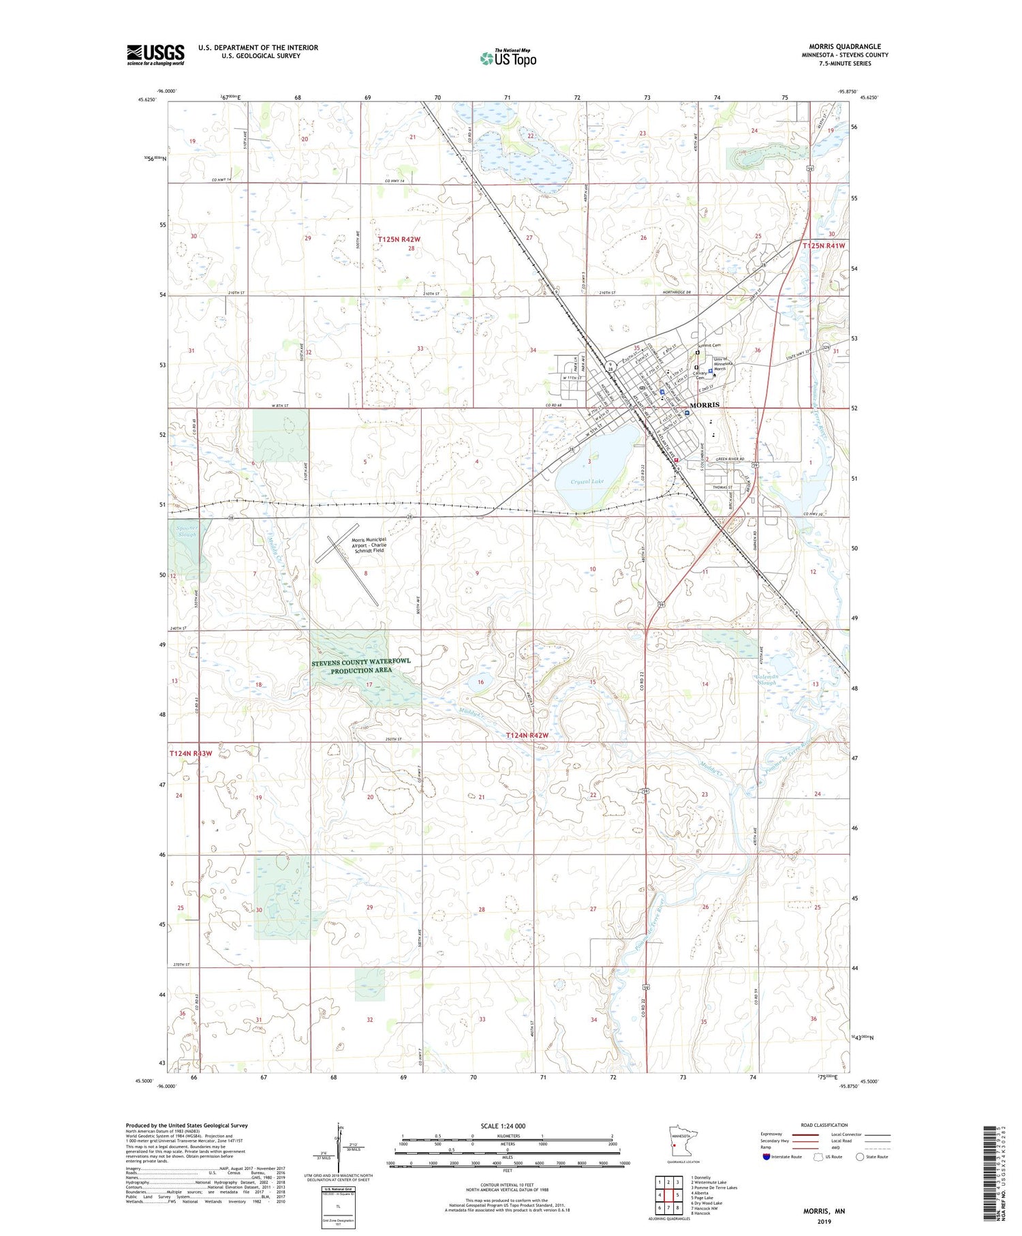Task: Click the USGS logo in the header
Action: click(155, 55)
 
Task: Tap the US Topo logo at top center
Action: click(508, 58)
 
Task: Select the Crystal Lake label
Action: click(587, 481)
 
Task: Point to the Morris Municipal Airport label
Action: click(369, 544)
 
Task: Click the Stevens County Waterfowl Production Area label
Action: click(361, 666)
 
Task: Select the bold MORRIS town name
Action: click(704, 404)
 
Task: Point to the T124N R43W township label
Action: click(191, 753)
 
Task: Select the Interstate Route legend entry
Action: click(784, 1157)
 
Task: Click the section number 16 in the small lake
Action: click(481, 682)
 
